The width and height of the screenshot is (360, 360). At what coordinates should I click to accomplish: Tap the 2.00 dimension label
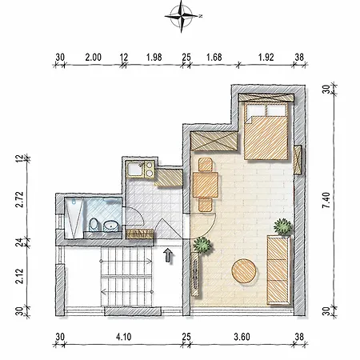click(x=93, y=58)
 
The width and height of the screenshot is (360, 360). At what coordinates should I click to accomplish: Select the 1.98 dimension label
click(x=154, y=58)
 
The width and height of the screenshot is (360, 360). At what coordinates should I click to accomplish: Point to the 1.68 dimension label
click(x=214, y=58)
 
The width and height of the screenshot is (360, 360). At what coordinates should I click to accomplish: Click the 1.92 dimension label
click(x=265, y=58)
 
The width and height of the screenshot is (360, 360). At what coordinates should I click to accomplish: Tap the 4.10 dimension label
click(x=123, y=338)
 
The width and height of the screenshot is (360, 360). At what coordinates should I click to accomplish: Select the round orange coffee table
click(x=245, y=272)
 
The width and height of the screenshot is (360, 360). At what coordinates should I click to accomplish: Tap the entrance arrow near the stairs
click(x=167, y=256)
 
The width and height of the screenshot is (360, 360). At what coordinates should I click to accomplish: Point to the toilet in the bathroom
click(x=94, y=225)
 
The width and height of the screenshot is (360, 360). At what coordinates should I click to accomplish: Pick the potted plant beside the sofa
click(x=282, y=226)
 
